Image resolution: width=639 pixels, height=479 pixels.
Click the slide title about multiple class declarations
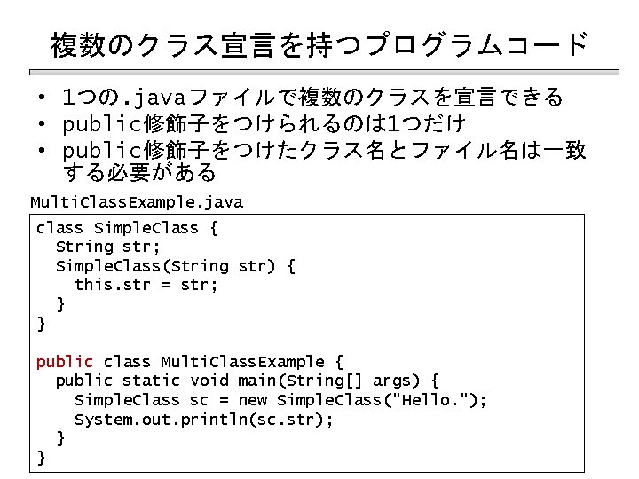coord(319,43)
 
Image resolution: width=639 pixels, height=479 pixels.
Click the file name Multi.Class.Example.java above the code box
coord(137,202)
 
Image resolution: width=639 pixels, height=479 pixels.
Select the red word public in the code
coord(64,362)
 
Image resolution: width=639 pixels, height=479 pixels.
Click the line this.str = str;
coord(146,285)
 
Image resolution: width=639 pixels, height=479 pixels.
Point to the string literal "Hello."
coord(440,400)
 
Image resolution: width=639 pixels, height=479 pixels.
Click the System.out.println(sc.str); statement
coord(204,420)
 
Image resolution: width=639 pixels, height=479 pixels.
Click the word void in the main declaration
coord(209,381)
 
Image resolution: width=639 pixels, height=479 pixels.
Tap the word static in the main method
coord(151,381)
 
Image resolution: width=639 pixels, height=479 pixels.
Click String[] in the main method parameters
coord(328,381)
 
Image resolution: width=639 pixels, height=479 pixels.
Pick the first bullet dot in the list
coord(42,97)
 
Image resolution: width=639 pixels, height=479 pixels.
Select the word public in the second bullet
coord(98,122)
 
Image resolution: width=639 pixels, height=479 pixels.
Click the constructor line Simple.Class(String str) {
coord(176,266)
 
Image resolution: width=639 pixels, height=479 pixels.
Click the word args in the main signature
coord(391,381)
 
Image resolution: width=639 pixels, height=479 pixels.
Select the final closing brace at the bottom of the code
coord(40,458)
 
